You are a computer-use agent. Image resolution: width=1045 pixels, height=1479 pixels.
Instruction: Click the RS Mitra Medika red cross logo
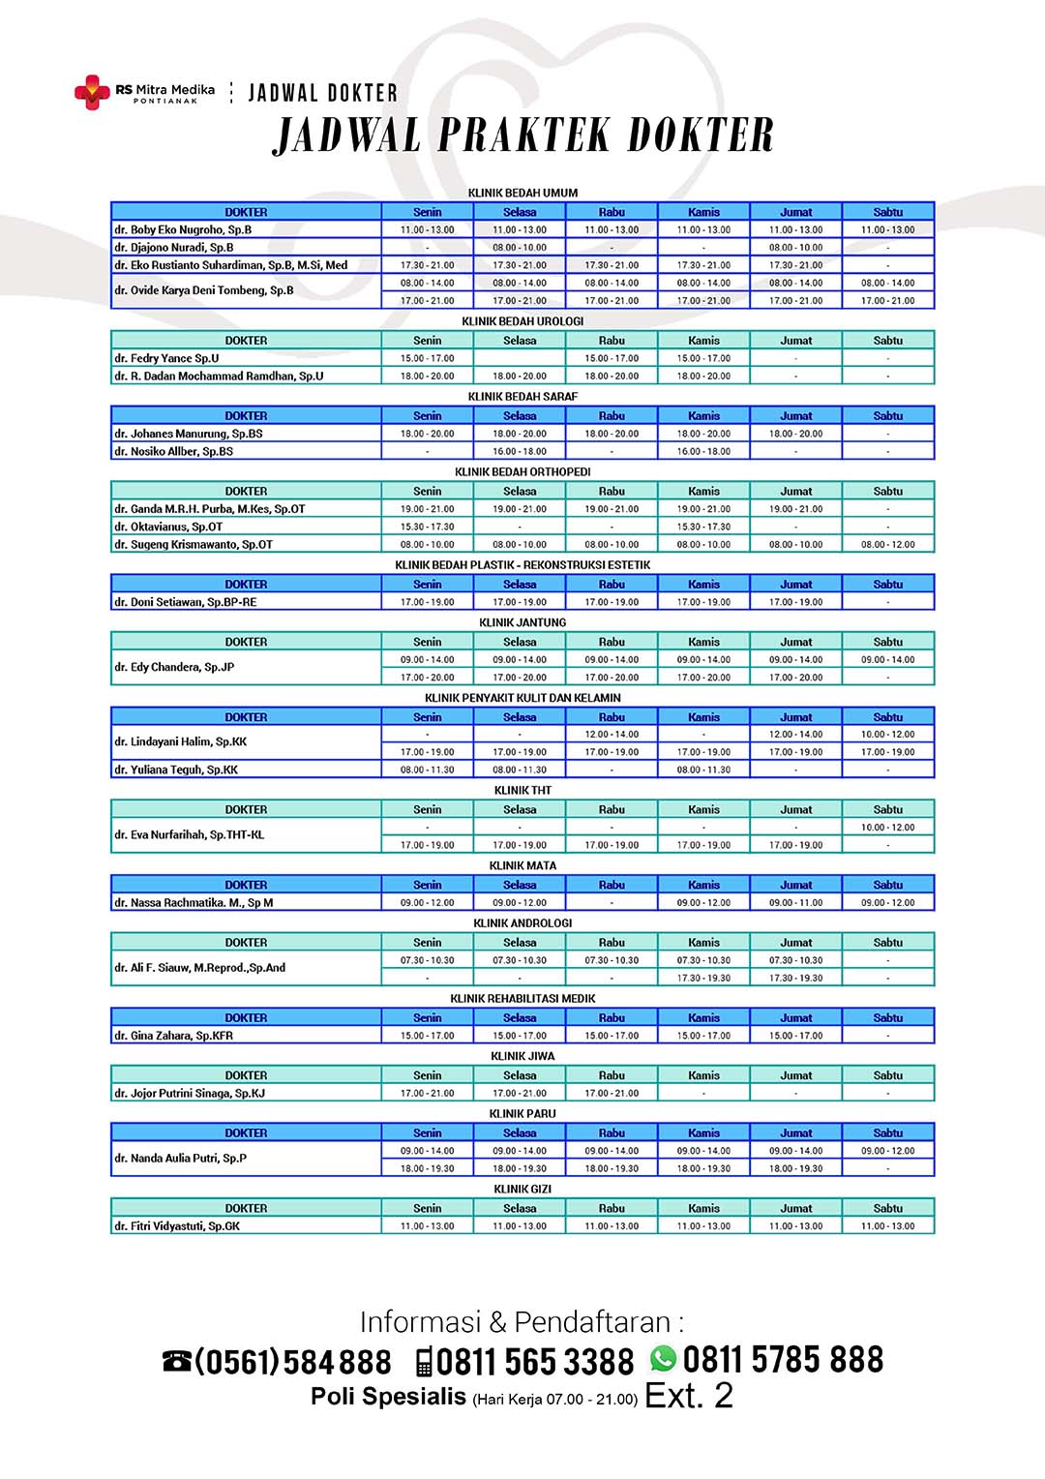92,92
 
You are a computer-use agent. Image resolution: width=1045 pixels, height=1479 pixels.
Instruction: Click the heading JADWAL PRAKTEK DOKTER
523,136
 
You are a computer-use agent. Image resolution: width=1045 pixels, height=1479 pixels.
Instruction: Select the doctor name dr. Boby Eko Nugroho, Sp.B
183,230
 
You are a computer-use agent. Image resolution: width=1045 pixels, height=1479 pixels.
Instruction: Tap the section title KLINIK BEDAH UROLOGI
522,321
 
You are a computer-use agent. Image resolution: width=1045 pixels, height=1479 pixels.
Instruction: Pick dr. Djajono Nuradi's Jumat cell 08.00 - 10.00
795,248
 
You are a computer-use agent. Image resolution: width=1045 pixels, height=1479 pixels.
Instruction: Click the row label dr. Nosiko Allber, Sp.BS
173,452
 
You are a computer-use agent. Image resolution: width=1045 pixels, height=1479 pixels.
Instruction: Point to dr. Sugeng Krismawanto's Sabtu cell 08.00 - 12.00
887,545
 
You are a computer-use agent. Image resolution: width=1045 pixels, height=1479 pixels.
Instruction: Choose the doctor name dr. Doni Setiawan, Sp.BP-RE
186,602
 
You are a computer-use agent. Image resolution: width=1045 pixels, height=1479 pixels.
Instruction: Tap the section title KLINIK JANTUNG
522,623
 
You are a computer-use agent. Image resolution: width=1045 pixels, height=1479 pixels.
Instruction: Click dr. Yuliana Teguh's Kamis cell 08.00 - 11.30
703,770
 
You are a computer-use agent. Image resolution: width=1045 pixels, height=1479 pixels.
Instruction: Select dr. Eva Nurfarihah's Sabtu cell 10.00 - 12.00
887,828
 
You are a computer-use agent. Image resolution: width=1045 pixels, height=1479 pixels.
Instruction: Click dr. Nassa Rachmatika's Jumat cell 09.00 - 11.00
795,903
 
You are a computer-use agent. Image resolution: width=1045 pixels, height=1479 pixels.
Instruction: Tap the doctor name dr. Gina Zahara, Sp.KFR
173,1036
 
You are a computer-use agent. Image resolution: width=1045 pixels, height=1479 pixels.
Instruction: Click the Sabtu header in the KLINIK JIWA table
887,1075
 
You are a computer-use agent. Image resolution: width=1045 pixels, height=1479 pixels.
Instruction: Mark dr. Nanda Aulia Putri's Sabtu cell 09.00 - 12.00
887,1151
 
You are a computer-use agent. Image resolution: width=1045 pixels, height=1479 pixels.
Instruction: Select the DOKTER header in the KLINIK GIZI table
246,1209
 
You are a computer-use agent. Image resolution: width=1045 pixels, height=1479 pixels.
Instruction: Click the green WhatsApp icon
663,1359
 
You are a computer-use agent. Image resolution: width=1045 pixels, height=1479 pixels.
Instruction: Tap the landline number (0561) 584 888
292,1362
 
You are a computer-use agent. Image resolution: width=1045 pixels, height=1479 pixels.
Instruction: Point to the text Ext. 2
689,1396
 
